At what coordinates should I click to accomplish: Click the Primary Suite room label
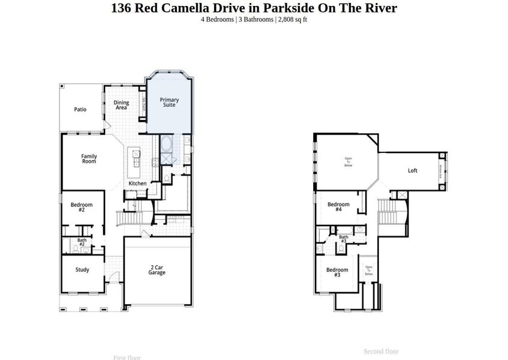coord(169,103)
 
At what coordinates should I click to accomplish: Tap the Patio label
coord(80,110)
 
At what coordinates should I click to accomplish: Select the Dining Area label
coord(121,105)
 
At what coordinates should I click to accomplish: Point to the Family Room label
coord(89,159)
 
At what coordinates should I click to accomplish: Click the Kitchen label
coord(137,184)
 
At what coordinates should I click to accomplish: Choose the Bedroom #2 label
coord(82,208)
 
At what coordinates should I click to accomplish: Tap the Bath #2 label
coord(82,242)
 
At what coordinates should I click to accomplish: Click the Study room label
coord(82,270)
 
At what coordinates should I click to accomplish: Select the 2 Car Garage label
coord(157,270)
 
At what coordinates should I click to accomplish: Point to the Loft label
coord(413,171)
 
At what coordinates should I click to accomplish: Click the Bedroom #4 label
coord(338,207)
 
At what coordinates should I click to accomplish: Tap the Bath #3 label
coord(344,239)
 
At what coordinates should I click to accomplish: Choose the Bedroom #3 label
coord(337,272)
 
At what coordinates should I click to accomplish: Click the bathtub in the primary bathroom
coord(166,145)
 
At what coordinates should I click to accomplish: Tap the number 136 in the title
coord(122,8)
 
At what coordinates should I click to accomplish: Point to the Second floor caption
coord(381,352)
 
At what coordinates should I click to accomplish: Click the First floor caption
coord(127,358)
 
